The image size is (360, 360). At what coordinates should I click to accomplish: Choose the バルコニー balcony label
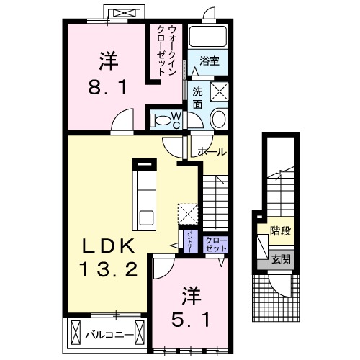(109, 335)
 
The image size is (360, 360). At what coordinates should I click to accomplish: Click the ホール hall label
(212, 152)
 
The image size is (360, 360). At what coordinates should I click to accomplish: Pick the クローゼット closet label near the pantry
(215, 243)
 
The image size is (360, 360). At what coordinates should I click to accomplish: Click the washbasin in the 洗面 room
(219, 118)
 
